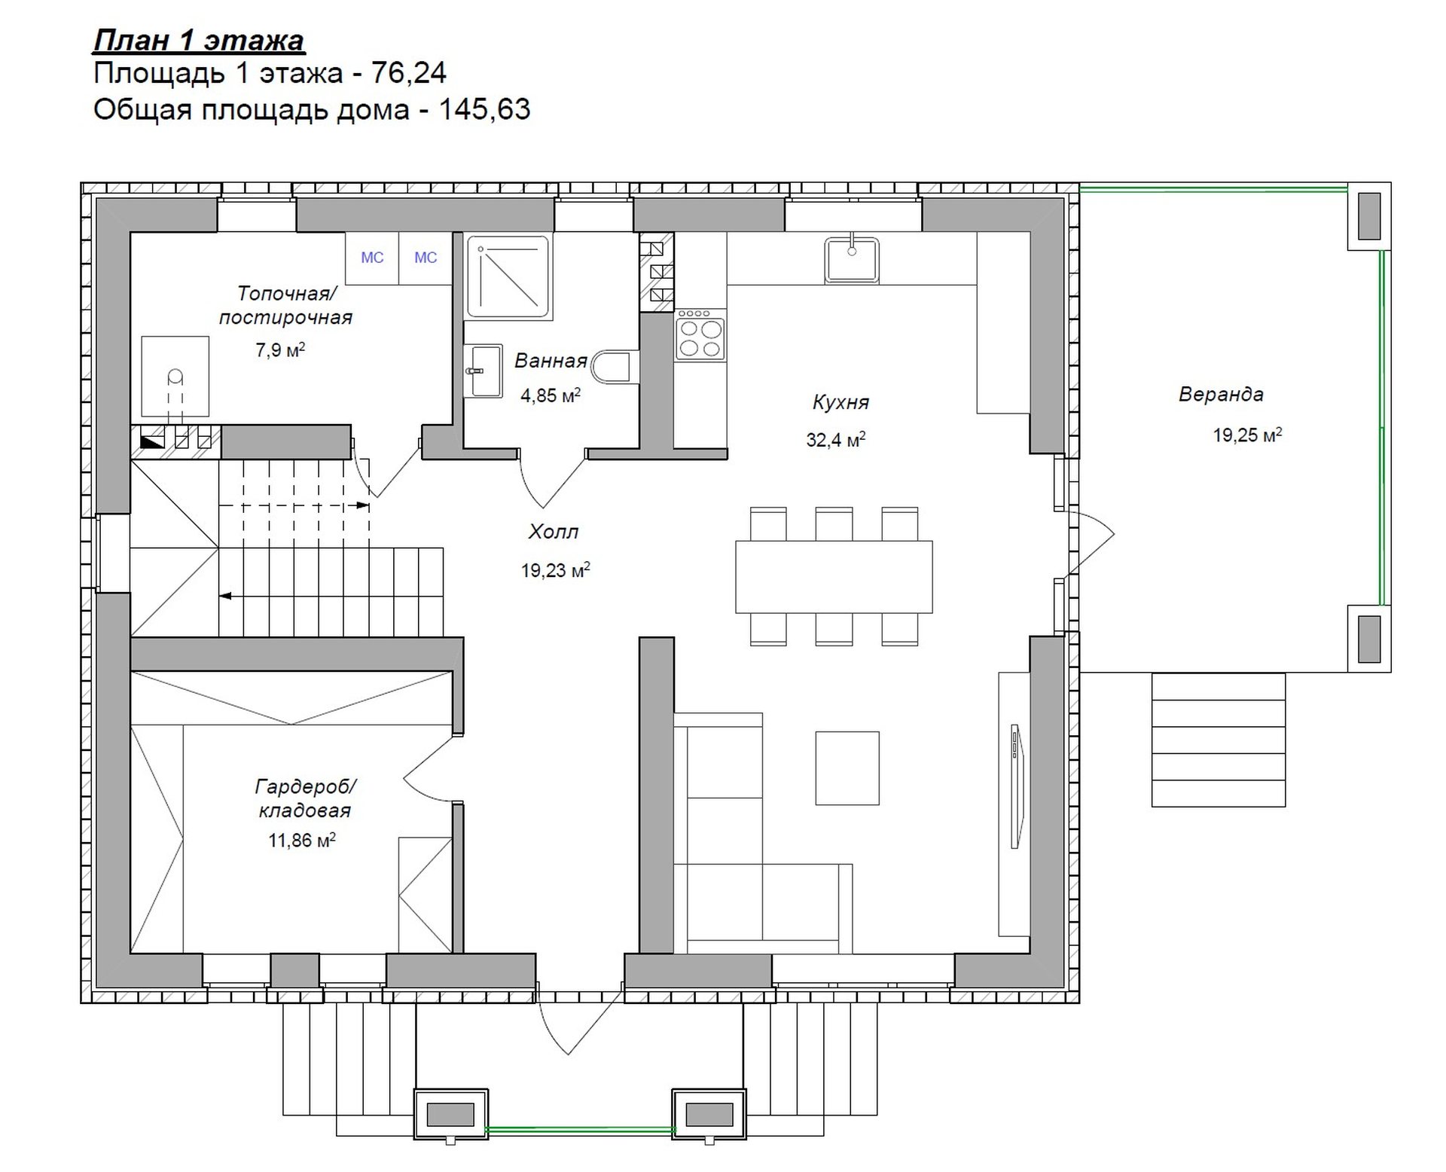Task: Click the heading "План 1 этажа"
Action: tap(199, 39)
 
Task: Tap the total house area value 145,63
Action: tap(484, 109)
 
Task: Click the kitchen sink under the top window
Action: tap(852, 260)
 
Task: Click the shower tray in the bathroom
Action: tap(508, 276)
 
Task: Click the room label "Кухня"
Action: tap(840, 402)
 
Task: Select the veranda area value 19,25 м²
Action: tap(1247, 435)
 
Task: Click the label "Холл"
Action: tap(554, 532)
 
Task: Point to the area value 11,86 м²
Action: tap(302, 840)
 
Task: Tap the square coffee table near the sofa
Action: tap(847, 768)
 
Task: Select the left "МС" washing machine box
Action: tap(372, 258)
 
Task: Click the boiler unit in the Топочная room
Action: tap(175, 377)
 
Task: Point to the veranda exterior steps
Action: tap(1218, 740)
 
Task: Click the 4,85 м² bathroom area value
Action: tap(551, 395)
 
